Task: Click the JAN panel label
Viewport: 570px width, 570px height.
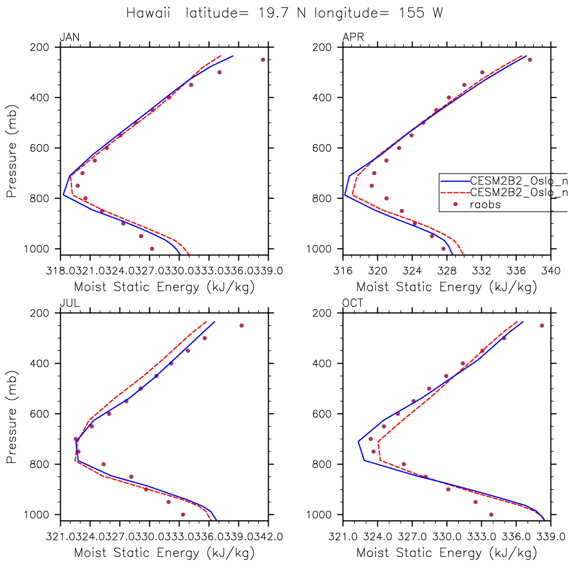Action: tap(69, 37)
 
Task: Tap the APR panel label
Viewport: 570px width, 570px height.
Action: tap(353, 37)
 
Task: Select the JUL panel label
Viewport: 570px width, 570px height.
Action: tap(69, 303)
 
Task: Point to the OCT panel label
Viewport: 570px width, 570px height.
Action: tap(353, 303)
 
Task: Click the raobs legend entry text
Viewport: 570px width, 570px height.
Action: tap(485, 204)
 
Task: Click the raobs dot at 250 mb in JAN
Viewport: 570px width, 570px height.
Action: tap(263, 60)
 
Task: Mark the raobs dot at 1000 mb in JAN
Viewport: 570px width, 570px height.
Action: tap(152, 249)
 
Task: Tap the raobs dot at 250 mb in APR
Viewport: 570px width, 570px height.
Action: tap(530, 60)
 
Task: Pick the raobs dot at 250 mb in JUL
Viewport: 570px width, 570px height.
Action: tap(242, 325)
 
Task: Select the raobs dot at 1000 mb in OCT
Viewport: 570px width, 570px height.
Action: tap(491, 514)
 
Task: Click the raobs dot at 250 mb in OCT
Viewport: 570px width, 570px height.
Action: tap(542, 325)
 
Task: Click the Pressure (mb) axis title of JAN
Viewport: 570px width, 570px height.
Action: tap(12, 150)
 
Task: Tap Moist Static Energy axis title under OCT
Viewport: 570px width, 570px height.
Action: tap(446, 553)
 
